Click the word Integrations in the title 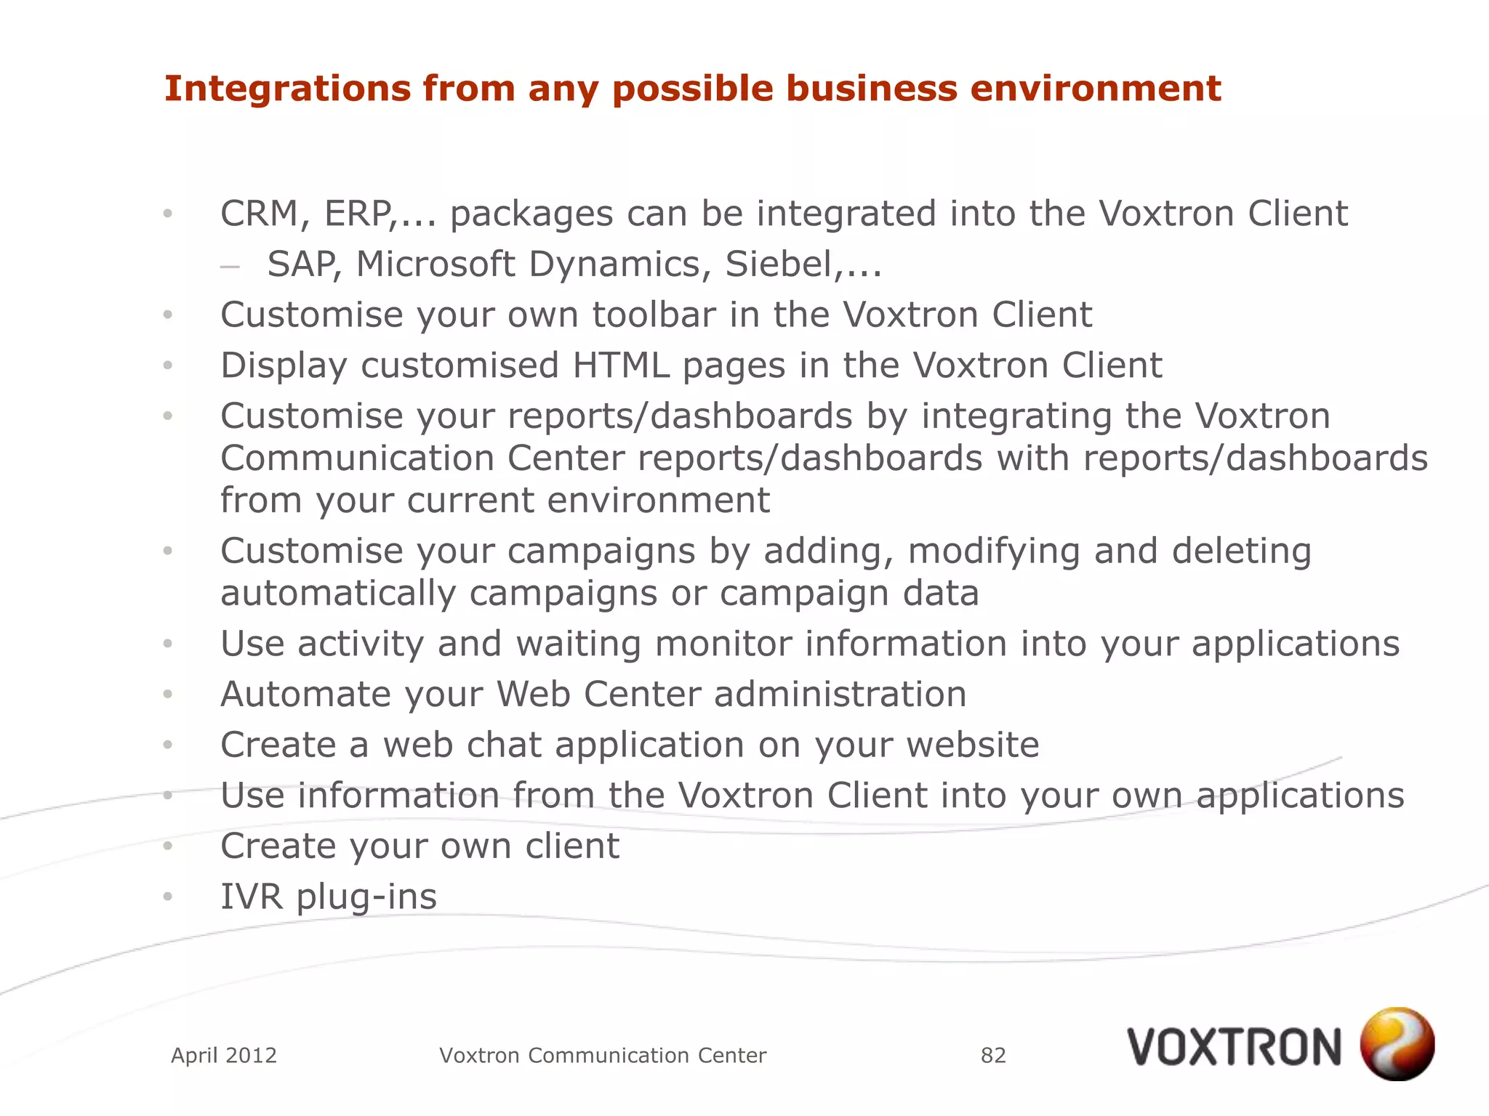tap(286, 89)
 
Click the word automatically tap(337, 594)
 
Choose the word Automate tap(305, 694)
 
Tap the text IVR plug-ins tap(329, 897)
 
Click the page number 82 tap(993, 1055)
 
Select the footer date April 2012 tap(224, 1055)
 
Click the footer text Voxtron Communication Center tap(603, 1055)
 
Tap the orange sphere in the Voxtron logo tap(1397, 1043)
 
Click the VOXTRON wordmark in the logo tap(1234, 1048)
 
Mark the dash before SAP tap(230, 267)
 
